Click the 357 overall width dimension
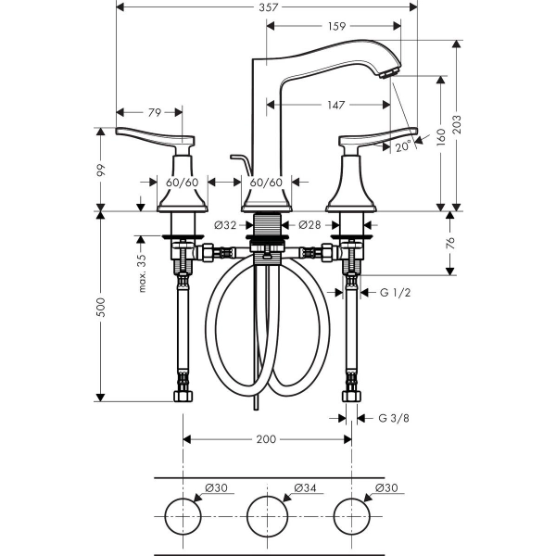(268, 7)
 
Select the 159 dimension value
(336, 26)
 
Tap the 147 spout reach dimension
(335, 105)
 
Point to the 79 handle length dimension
(155, 113)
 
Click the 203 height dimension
(458, 124)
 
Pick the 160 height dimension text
(441, 137)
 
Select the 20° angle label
(403, 146)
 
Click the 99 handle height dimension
(101, 171)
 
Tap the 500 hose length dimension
(101, 307)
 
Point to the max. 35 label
(142, 273)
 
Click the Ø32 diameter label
(225, 225)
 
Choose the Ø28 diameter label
(310, 225)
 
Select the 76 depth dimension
(450, 243)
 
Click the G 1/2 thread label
(395, 293)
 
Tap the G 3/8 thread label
(394, 419)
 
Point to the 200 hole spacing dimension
(266, 439)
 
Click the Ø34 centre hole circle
(268, 496)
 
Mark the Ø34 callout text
(305, 488)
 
